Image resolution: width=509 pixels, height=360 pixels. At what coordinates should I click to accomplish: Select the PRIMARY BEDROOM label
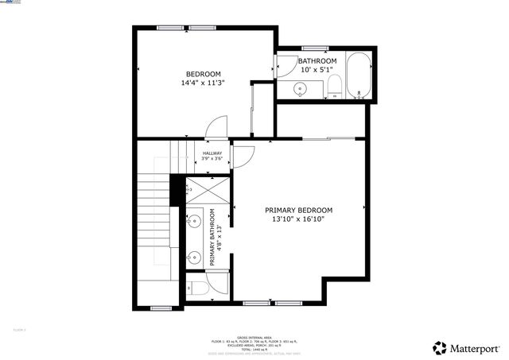point(299,211)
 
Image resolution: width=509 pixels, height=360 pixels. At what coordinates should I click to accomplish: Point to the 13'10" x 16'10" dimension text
point(299,219)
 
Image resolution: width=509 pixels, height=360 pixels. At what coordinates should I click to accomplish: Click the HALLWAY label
point(212,153)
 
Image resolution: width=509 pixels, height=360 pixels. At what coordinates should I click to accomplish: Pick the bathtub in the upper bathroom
point(357,78)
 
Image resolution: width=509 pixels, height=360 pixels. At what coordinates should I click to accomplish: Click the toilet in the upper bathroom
point(334,87)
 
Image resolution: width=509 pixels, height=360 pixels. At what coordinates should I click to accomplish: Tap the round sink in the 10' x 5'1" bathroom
point(302,87)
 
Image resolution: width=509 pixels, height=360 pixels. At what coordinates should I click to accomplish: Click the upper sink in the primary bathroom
point(193,221)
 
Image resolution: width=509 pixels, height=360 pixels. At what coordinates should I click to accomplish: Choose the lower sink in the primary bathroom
point(193,256)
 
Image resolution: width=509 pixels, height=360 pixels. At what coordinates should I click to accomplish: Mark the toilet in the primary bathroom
point(198,286)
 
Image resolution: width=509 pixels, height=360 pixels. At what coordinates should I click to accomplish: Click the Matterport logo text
point(473,348)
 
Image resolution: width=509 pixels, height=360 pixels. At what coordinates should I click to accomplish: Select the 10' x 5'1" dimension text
point(317,70)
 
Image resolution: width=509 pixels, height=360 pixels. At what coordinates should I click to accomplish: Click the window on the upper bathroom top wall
point(316,48)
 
